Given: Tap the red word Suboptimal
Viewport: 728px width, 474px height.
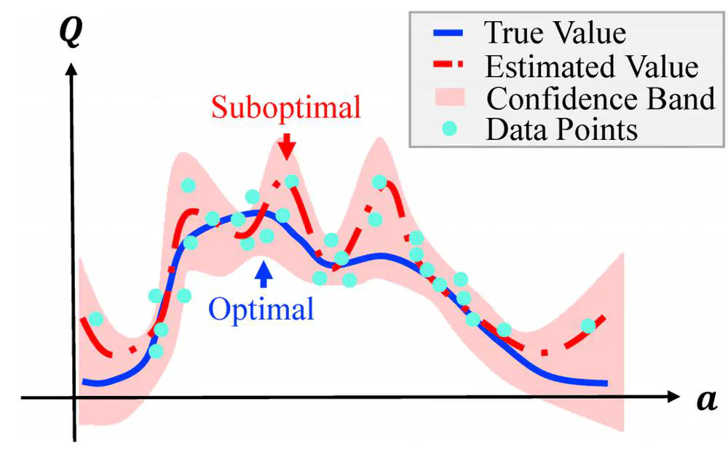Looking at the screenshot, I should tap(286, 108).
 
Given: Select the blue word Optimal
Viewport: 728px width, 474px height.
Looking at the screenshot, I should tap(261, 309).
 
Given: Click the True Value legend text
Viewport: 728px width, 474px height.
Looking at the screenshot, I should tap(555, 33).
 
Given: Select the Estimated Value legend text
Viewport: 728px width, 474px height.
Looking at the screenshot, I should tap(591, 66).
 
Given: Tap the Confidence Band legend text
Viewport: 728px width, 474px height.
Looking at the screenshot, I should tap(601, 98).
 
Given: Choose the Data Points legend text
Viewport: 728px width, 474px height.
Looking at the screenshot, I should tap(561, 130).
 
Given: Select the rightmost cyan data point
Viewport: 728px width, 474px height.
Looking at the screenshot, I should tap(588, 326).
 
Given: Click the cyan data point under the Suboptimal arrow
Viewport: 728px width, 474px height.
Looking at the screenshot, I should tap(291, 181).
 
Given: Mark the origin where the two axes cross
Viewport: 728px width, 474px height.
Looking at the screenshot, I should tap(74, 398).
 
